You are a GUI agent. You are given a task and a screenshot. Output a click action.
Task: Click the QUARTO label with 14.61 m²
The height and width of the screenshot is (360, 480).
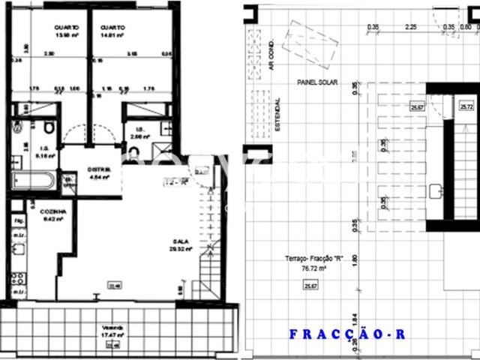click(112, 28)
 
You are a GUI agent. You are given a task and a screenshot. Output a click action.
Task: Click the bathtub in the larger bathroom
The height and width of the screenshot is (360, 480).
click(34, 180)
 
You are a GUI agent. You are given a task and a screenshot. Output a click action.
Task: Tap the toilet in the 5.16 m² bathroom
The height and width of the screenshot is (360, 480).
click(47, 126)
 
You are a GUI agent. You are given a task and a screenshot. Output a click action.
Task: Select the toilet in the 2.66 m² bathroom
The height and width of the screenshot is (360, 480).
click(134, 154)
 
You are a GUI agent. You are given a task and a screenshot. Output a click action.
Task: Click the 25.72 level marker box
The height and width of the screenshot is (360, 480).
click(466, 107)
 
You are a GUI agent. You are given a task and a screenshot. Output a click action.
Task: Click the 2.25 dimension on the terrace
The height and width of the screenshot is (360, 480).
click(410, 27)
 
